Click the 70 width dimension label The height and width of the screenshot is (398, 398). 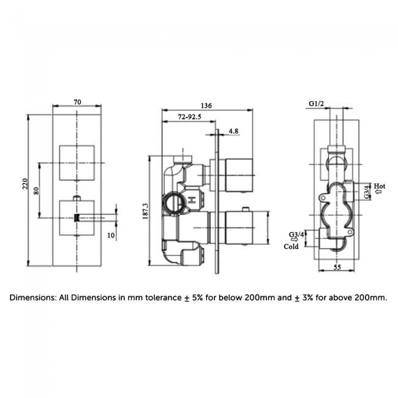click(x=77, y=102)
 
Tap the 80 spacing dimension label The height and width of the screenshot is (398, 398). click(x=37, y=190)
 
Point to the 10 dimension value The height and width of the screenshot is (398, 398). click(x=110, y=235)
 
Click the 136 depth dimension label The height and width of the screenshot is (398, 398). click(x=206, y=106)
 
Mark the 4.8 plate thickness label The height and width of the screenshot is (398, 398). click(x=233, y=130)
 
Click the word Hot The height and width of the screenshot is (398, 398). click(x=380, y=186)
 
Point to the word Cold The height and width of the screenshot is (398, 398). click(x=291, y=247)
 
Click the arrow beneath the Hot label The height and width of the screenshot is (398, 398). click(x=379, y=192)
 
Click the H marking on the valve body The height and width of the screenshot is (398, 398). click(x=191, y=200)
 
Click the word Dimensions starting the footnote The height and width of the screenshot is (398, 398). click(x=32, y=298)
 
